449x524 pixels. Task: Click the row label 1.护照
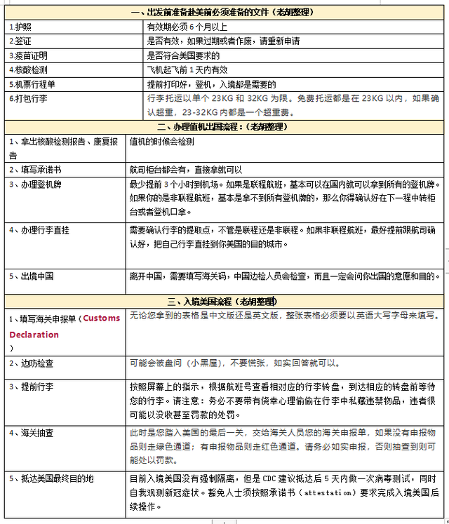22,27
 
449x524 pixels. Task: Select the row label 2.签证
22,41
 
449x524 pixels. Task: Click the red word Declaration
34,335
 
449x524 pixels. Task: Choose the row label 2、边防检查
32,363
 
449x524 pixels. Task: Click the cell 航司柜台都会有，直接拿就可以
186,169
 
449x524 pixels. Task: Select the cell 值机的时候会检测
162,141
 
